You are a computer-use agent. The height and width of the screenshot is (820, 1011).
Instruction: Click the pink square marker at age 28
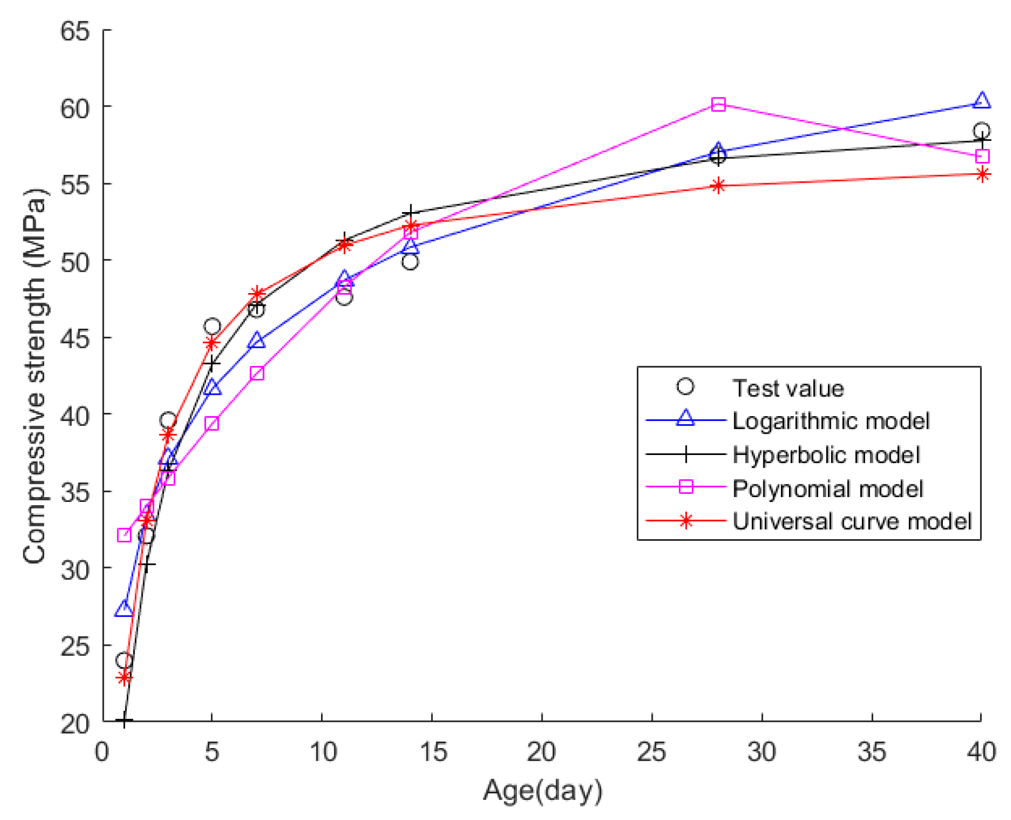718,104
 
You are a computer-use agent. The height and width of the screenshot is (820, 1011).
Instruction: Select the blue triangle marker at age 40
981,100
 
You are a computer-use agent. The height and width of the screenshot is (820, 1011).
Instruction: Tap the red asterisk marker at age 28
718,185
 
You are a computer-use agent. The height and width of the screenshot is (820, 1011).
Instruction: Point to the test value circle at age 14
410,262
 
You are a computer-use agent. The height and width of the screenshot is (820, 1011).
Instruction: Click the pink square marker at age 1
124,534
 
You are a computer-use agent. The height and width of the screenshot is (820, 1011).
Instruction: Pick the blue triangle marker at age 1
124,608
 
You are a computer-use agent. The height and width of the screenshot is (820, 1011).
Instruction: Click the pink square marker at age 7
257,373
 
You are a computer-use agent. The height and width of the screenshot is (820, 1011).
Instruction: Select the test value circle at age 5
212,326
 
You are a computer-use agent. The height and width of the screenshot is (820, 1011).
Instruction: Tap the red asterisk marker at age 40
982,174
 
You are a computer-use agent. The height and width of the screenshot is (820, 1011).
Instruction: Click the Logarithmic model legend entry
831,421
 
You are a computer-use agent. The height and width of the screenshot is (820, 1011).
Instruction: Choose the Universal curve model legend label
852,521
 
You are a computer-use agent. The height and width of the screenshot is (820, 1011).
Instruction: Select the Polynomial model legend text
827,488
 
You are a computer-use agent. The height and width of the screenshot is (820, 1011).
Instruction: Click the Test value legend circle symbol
685,387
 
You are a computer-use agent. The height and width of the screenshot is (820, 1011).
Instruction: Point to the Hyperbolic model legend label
826,454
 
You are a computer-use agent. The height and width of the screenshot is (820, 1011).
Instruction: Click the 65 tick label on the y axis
75,31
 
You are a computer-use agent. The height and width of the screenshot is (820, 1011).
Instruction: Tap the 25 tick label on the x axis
651,752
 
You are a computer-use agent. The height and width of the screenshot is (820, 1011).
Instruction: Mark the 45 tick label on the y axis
75,338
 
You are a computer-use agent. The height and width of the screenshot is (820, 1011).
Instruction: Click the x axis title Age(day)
542,791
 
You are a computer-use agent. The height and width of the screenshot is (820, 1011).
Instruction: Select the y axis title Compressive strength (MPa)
34,376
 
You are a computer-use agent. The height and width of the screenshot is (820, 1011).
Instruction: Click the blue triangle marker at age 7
257,340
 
